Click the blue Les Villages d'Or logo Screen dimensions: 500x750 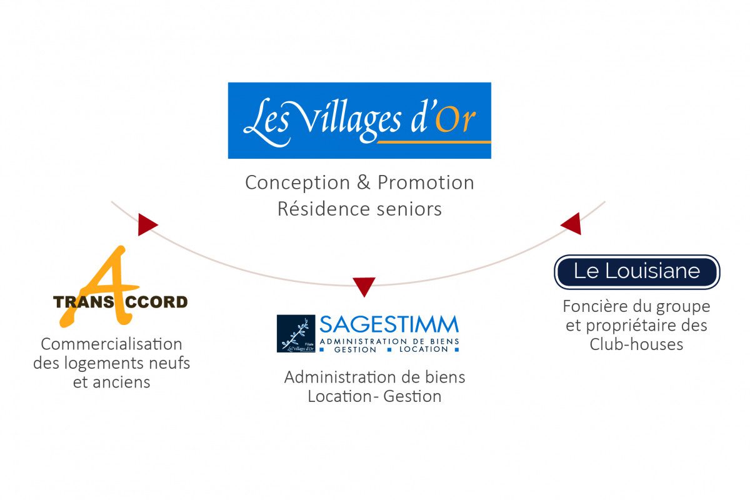click(359, 120)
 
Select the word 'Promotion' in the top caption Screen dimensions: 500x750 click(426, 182)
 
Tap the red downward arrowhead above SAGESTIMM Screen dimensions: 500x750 click(364, 286)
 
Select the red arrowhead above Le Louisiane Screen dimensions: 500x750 click(572, 223)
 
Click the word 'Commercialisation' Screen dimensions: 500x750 click(111, 344)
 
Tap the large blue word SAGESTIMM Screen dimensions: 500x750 click(389, 325)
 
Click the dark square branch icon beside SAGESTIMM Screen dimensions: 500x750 click(296, 334)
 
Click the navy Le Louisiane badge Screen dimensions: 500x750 click(637, 272)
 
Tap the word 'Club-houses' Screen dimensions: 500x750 click(636, 344)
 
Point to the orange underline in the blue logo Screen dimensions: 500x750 click(434, 142)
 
